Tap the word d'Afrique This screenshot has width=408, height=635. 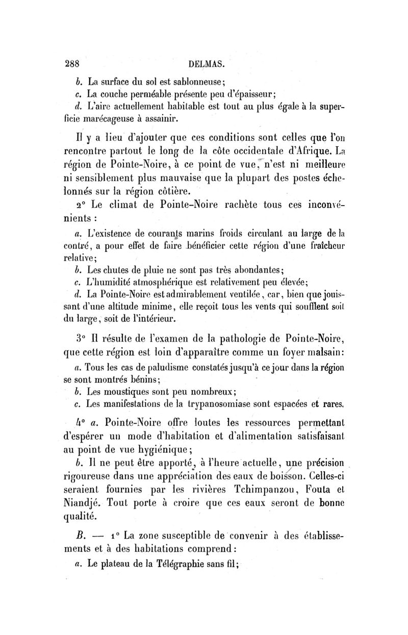pyautogui.click(x=313, y=152)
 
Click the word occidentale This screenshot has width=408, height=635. pyautogui.click(x=250, y=152)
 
